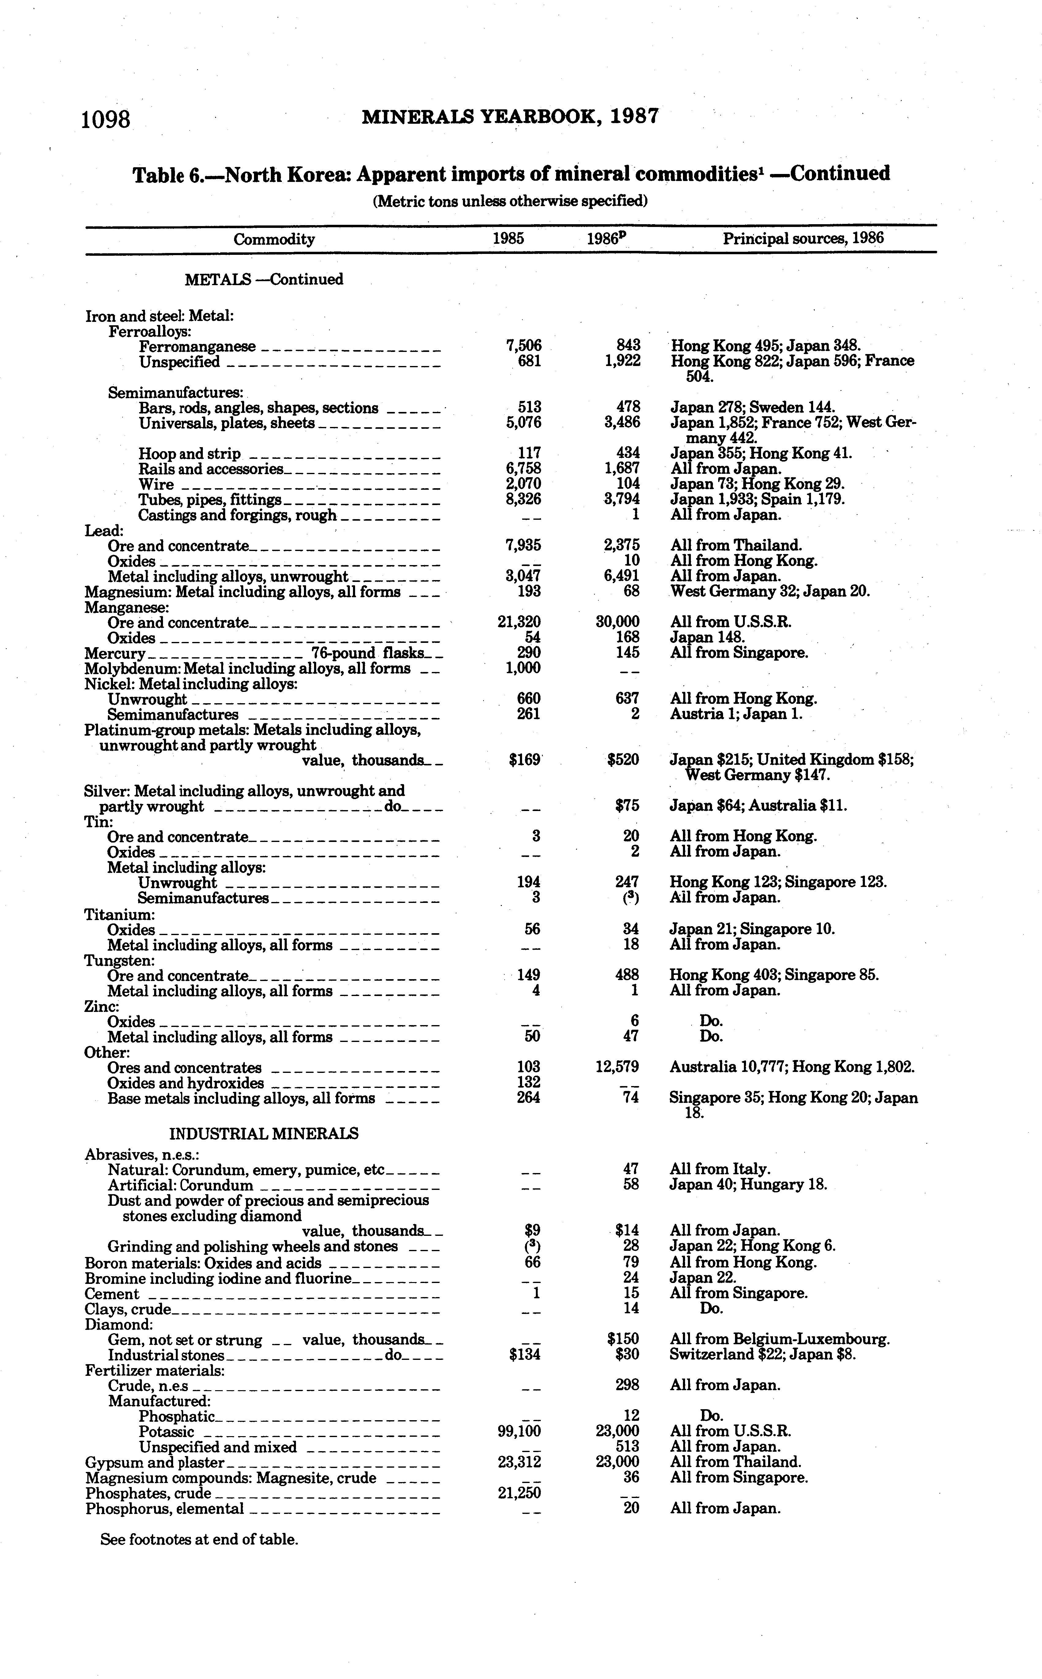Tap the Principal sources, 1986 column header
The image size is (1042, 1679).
pos(803,238)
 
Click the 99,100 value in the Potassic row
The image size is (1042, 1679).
pos(519,1431)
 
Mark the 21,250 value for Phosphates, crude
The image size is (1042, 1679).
pos(519,1493)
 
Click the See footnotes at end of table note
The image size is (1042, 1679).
pos(199,1539)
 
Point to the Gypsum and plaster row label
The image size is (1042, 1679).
pos(155,1462)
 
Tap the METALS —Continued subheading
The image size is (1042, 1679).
pos(264,279)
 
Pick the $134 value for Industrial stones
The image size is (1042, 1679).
pos(525,1355)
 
